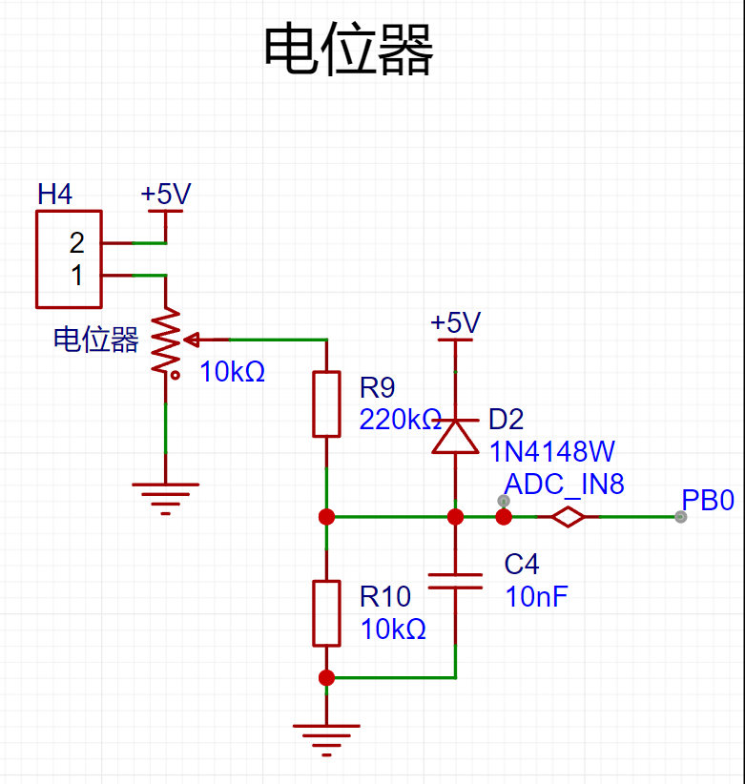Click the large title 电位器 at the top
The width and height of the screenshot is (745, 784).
(348, 50)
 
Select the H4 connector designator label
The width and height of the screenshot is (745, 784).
(54, 194)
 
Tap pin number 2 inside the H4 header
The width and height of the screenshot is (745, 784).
(76, 243)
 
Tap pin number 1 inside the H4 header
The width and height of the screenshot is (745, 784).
(76, 276)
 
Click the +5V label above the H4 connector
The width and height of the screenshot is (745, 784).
(165, 194)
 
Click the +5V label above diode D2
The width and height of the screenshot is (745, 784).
(456, 322)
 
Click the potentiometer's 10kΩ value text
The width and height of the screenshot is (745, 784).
(232, 372)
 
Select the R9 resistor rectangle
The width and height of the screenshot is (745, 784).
(326, 404)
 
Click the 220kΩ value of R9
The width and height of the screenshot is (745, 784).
(400, 420)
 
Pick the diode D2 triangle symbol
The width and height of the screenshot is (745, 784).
(455, 436)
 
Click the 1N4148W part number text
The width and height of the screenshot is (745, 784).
(552, 452)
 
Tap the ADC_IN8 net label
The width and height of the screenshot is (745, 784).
(565, 485)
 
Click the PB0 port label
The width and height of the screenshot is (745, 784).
(708, 500)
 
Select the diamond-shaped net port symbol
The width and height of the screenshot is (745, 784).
(568, 517)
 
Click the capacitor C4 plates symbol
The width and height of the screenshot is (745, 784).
(456, 581)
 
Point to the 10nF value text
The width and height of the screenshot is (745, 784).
(536, 596)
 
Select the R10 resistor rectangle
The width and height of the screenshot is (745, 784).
(326, 613)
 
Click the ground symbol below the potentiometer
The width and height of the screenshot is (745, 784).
(165, 499)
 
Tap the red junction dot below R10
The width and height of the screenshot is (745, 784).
(326, 678)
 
